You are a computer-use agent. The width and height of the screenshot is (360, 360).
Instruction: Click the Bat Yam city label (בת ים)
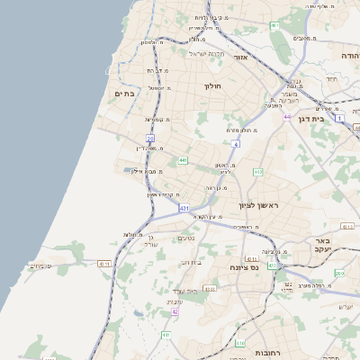(124, 93)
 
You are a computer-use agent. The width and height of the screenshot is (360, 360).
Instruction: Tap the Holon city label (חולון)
(212, 86)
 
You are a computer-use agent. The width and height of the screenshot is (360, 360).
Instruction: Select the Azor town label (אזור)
(240, 57)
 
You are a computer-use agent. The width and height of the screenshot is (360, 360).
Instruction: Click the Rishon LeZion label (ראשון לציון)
(260, 206)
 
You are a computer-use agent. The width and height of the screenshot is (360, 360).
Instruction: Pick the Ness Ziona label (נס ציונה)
(244, 267)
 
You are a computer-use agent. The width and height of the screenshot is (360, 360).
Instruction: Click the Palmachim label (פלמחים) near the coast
(41, 265)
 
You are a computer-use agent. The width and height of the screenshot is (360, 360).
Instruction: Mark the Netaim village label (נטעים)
(186, 238)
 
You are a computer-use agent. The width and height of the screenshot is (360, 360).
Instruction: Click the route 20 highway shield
(151, 139)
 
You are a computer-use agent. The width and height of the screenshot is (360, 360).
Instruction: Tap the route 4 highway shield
(235, 143)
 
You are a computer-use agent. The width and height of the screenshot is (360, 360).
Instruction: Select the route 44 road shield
(286, 117)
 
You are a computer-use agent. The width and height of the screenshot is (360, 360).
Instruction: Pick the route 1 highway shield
(339, 118)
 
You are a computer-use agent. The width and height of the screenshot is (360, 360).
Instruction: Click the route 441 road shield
(184, 160)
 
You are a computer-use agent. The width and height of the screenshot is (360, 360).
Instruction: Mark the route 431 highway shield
(184, 208)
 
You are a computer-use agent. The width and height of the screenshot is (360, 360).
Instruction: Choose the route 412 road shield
(258, 171)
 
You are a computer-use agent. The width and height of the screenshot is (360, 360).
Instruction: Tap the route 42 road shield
(175, 311)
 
